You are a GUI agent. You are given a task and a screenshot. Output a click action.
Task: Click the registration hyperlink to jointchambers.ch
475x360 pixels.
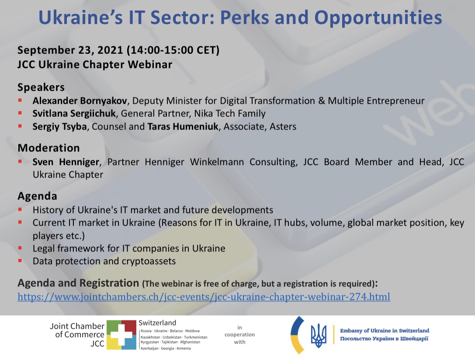point(204,296)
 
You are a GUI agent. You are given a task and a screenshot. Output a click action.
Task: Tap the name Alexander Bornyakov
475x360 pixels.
point(80,101)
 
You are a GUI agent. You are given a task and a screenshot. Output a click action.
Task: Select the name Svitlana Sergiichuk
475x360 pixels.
point(74,114)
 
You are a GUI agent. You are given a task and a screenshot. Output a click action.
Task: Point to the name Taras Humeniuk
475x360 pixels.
point(183,126)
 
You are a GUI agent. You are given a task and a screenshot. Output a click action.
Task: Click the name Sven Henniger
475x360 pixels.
point(66,162)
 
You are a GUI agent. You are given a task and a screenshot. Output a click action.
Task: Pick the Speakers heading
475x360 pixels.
point(41,87)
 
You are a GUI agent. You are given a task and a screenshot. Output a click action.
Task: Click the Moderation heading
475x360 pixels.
point(49,148)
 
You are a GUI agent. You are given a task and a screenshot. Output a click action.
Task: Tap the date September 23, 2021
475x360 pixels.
point(70,50)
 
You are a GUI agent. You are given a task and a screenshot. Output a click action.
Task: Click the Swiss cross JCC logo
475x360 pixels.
point(121,335)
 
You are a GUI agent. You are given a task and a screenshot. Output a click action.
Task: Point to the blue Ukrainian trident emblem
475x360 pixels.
point(319,335)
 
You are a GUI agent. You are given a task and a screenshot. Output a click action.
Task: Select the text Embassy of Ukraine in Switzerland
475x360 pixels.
point(385,331)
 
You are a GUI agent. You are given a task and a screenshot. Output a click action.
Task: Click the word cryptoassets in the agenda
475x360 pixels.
point(149,261)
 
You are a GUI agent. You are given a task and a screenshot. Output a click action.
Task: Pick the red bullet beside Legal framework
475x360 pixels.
point(20,248)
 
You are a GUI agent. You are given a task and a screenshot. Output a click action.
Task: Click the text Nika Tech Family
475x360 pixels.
point(229,114)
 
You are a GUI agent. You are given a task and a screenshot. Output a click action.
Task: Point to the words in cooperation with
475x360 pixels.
point(239,335)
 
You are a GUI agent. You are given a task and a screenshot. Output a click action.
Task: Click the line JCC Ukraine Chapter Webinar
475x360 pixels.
point(95,65)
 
